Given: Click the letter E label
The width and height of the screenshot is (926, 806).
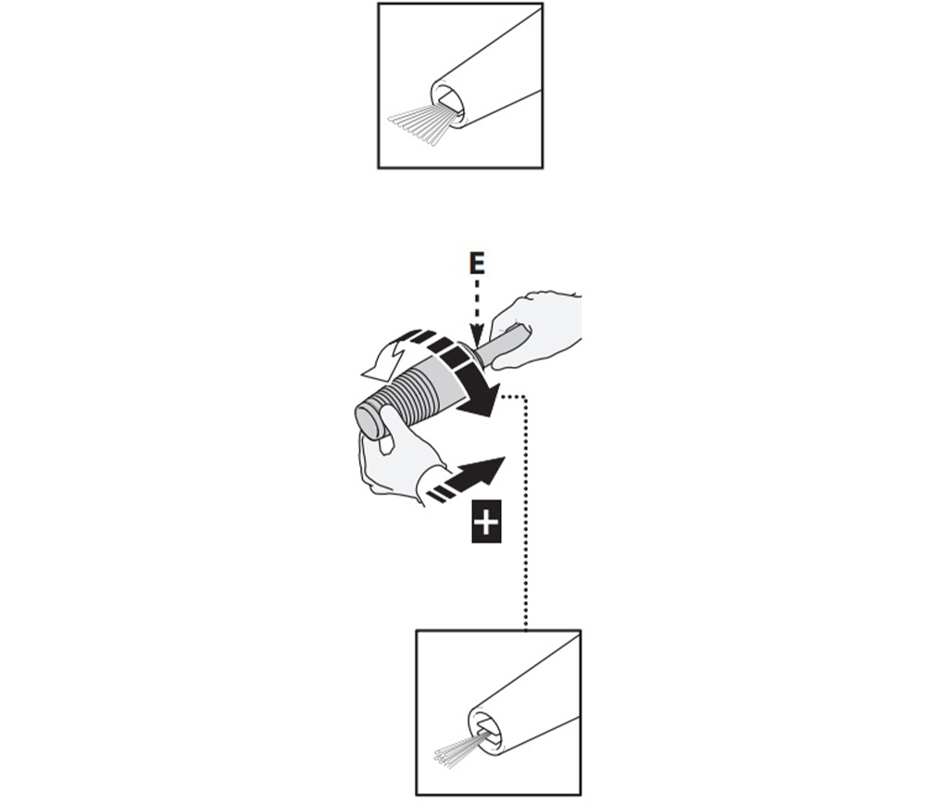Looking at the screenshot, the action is tap(477, 263).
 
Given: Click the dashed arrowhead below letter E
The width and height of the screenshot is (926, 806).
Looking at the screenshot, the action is tap(477, 332).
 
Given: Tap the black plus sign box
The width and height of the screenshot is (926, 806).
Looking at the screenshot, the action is tap(486, 522).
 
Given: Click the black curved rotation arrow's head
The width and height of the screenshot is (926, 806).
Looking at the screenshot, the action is tap(480, 399).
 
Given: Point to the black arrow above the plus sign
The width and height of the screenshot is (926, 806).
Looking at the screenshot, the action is tap(467, 479).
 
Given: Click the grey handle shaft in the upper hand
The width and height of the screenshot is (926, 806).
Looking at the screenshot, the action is tap(501, 346).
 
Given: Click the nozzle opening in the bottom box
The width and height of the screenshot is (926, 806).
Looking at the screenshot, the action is tap(487, 727).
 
